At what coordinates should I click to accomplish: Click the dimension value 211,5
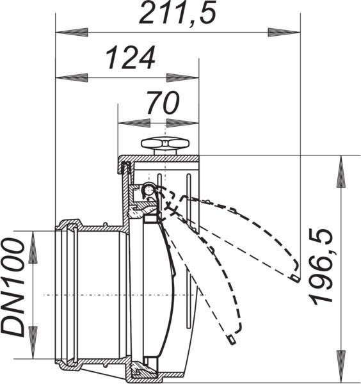coord(177,12)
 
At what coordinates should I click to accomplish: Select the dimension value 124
coord(131,58)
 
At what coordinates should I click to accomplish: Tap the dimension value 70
coord(163,102)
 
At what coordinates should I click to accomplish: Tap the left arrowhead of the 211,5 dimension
coord(72,33)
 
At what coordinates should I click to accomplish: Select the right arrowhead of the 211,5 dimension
coord(284,33)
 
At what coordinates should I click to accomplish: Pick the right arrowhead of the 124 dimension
coord(182,77)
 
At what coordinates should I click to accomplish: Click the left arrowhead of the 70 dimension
coord(134,123)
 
